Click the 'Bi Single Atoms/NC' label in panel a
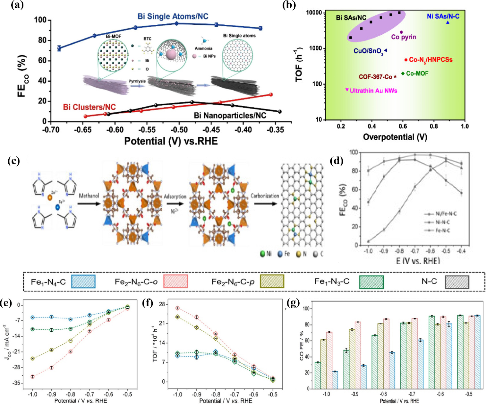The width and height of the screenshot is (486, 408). (173, 16)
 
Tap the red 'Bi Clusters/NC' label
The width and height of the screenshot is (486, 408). (89, 107)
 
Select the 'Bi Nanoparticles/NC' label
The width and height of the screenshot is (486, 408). (230, 115)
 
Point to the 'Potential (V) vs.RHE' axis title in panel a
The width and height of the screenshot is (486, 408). (171, 141)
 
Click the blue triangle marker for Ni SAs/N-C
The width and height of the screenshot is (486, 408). (448, 22)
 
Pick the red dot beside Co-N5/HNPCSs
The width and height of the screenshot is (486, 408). (406, 60)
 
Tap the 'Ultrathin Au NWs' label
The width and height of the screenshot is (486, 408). (373, 91)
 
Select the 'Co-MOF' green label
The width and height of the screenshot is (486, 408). (417, 74)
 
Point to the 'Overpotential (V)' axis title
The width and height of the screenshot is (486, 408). (395, 137)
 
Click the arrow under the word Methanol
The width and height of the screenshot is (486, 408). (89, 204)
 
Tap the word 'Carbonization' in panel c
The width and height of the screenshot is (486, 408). (265, 196)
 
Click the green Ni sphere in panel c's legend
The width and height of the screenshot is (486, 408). (262, 254)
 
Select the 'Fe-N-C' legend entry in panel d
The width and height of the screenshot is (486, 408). (443, 230)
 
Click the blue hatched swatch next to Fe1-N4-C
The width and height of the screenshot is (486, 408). (83, 282)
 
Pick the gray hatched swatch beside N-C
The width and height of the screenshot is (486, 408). (457, 282)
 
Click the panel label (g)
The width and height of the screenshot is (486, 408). (293, 303)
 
